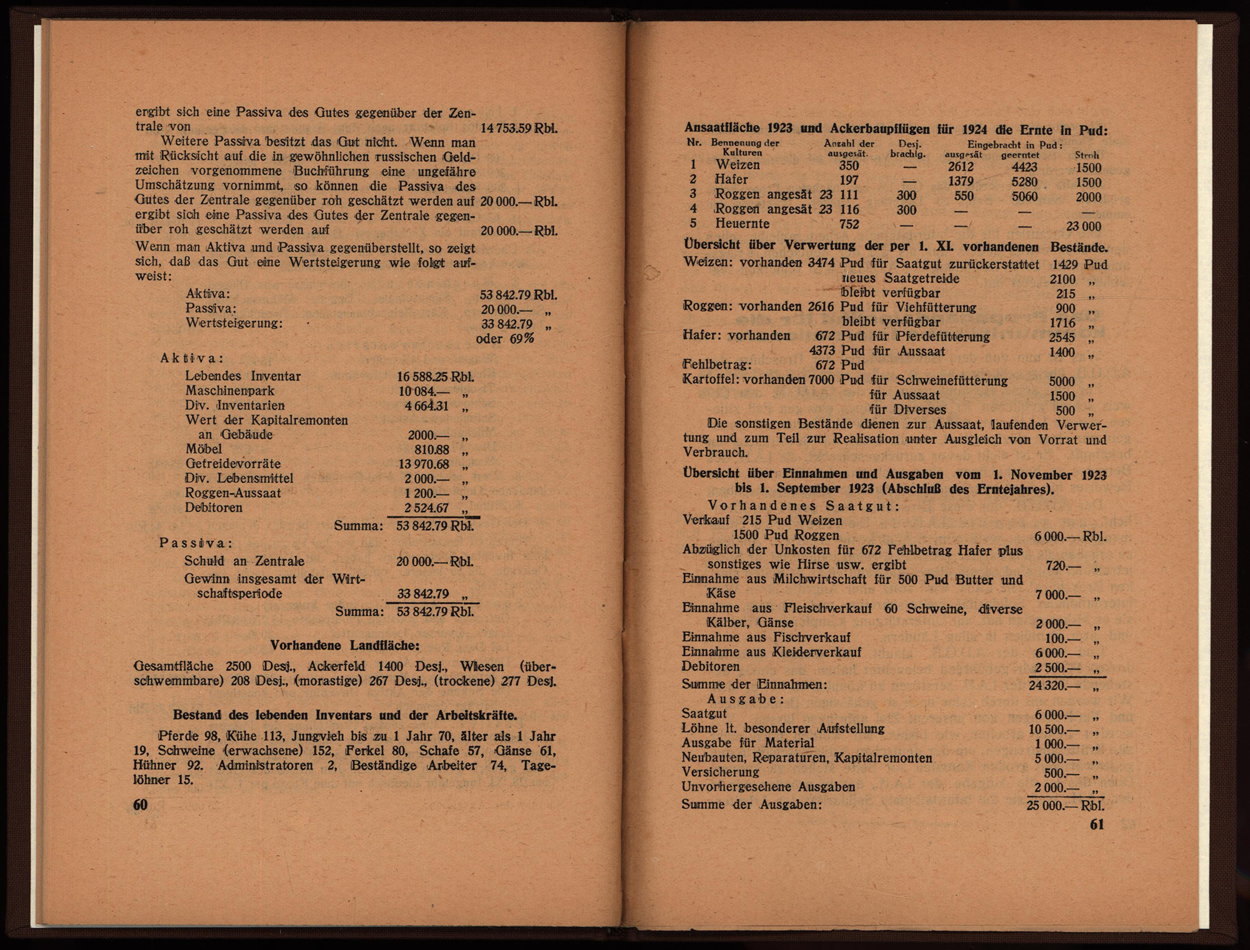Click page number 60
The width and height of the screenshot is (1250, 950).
pyautogui.click(x=141, y=804)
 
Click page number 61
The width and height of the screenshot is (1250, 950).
pyautogui.click(x=1097, y=824)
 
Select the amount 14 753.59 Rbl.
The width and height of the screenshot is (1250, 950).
pyautogui.click(x=519, y=129)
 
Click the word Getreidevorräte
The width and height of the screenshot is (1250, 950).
pyautogui.click(x=233, y=463)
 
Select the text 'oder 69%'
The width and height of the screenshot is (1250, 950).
pyautogui.click(x=505, y=339)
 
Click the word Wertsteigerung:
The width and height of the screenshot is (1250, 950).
pyautogui.click(x=234, y=323)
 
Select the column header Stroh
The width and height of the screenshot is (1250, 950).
pyautogui.click(x=1087, y=154)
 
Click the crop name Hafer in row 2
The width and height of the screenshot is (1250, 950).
pyautogui.click(x=731, y=180)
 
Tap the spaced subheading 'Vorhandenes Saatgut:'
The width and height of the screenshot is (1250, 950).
pyautogui.click(x=803, y=506)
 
